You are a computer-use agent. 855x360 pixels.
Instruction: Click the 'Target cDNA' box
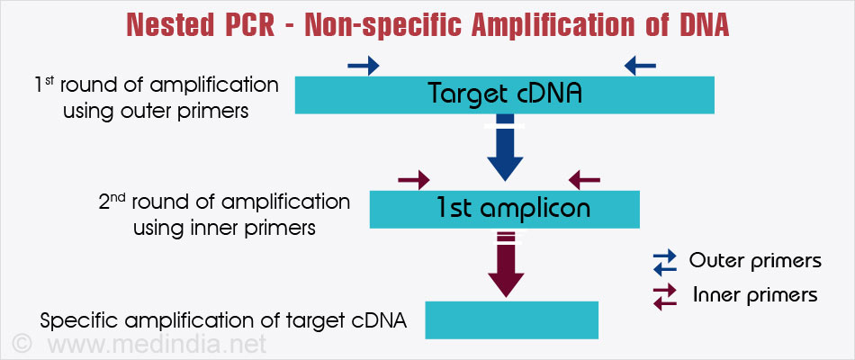pyautogui.click(x=504, y=94)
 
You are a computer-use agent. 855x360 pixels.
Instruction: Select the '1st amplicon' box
pyautogui.click(x=504, y=209)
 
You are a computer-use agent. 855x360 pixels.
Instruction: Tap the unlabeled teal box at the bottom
pyautogui.click(x=511, y=319)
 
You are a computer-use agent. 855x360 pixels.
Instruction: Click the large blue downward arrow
pyautogui.click(x=505, y=148)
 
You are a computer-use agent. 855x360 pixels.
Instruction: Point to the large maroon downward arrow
pyautogui.click(x=505, y=265)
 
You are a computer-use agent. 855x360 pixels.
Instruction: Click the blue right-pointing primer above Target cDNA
pyautogui.click(x=363, y=66)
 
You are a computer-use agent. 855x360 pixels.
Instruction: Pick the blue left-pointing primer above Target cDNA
pyautogui.click(x=640, y=65)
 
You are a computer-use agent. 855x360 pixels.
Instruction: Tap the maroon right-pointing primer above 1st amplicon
pyautogui.click(x=414, y=181)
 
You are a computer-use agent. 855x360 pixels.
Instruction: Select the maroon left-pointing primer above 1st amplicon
pyautogui.click(x=584, y=181)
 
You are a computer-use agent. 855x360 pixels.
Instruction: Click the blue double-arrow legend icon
pyautogui.click(x=664, y=262)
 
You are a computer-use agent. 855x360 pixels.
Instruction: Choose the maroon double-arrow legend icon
pyautogui.click(x=664, y=296)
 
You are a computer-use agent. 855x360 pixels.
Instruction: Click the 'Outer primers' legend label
pyautogui.click(x=755, y=261)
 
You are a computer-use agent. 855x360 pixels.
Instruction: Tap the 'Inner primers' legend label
pyautogui.click(x=755, y=295)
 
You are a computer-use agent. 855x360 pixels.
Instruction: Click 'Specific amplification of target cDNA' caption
pyautogui.click(x=224, y=320)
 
